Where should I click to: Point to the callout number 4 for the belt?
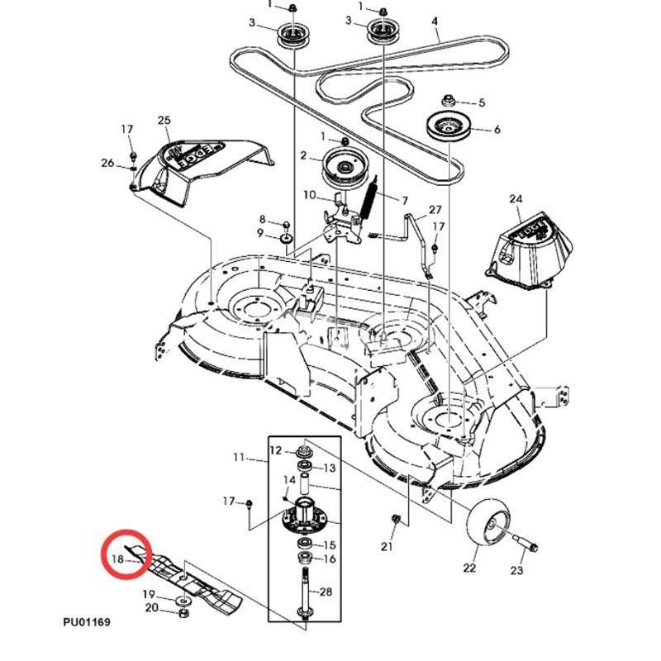point(435,20)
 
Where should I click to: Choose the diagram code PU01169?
point(85,621)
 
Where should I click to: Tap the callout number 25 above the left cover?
point(164,121)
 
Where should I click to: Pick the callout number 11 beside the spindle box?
point(239,457)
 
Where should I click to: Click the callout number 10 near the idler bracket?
point(309,195)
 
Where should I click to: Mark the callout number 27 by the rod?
point(435,210)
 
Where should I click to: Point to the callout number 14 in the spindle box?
point(289,480)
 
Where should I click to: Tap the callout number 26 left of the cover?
point(107,163)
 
